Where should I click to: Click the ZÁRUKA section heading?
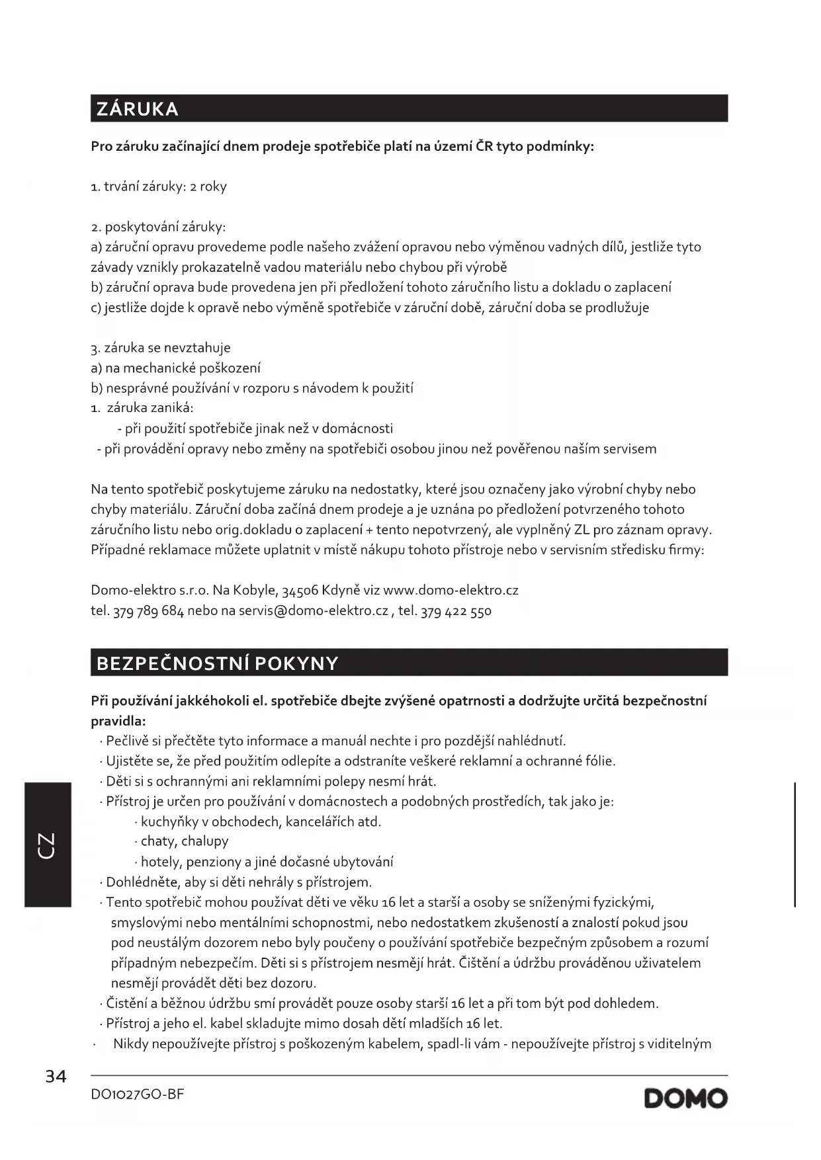pos(138,109)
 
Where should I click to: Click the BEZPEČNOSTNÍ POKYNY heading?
pos(217,663)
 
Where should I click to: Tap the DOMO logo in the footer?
pos(685,1098)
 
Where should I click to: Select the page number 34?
pos(56,1077)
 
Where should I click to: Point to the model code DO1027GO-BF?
pos(138,1095)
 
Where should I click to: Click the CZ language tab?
pos(48,845)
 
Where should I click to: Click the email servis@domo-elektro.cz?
pos(314,610)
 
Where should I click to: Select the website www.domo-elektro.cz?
pos(451,590)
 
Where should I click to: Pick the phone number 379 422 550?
pos(456,610)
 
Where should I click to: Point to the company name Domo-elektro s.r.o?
pos(150,590)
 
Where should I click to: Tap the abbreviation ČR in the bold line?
pos(484,146)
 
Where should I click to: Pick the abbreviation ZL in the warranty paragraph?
pos(582,530)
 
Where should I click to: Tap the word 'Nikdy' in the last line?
pos(131,1044)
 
